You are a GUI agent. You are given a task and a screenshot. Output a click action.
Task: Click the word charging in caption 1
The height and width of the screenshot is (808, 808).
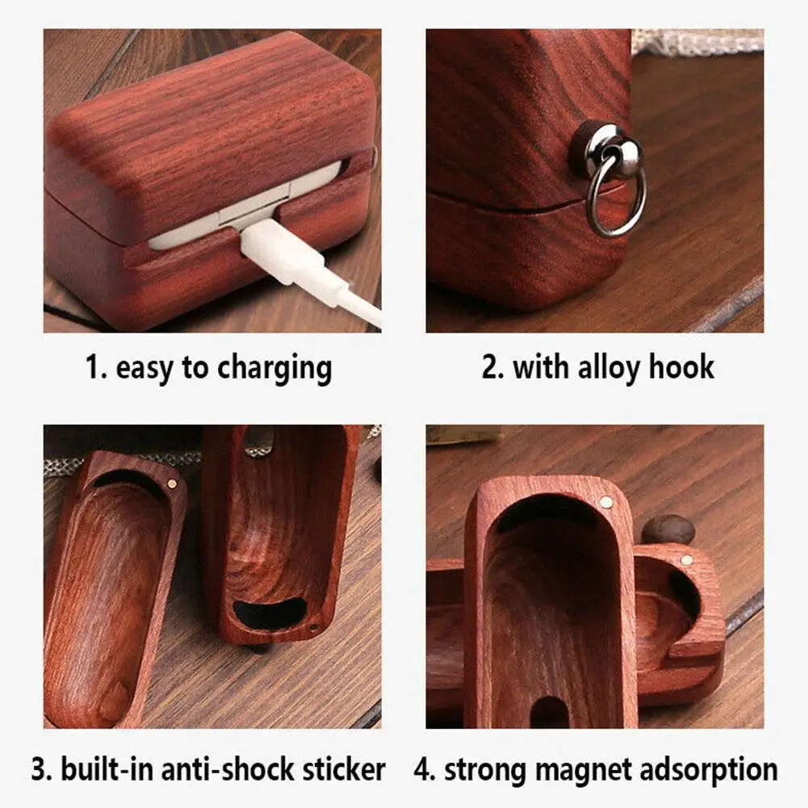point(274,369)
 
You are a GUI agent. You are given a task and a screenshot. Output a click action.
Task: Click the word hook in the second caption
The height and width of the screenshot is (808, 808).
point(681,367)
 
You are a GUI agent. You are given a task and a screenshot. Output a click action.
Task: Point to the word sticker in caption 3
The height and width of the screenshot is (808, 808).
point(344,769)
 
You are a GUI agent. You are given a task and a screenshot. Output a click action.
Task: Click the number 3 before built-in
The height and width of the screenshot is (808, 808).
point(40,770)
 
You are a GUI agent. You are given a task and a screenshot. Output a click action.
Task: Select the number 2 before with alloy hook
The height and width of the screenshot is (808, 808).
point(492,368)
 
